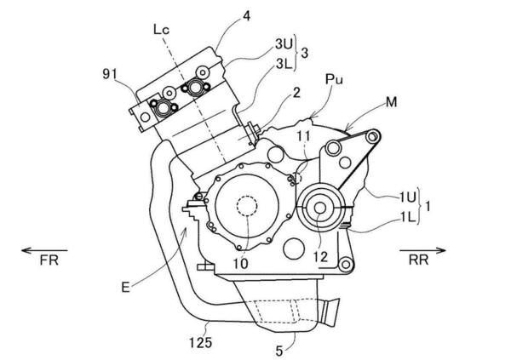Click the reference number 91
point(110,75)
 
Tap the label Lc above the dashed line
point(161,30)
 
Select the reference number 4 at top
point(247,16)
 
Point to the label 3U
point(284,44)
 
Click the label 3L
point(284,64)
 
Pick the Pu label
point(334,79)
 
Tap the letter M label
point(391,102)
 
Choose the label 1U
point(407,197)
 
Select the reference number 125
point(200,343)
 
